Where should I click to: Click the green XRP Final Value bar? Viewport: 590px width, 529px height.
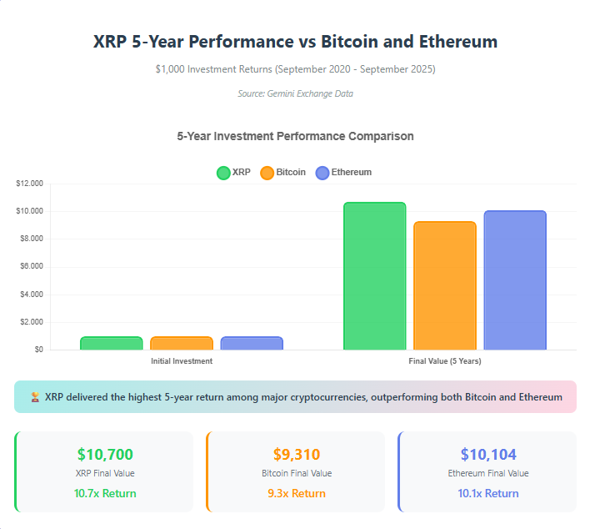(374, 275)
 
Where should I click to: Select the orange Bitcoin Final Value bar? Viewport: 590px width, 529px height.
(444, 285)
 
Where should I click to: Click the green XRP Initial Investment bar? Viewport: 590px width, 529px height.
(111, 343)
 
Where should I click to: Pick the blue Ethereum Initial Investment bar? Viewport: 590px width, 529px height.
(252, 343)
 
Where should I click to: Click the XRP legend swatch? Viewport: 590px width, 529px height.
(223, 173)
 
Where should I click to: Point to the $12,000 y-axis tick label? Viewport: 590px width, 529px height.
(29, 184)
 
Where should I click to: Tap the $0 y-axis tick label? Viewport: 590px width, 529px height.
(38, 350)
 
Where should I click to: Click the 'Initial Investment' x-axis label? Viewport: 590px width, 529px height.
(182, 361)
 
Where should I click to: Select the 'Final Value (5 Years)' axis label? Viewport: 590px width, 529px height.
(444, 361)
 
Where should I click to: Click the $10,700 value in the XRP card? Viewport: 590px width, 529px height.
(105, 455)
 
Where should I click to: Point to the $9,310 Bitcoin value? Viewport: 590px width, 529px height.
(297, 455)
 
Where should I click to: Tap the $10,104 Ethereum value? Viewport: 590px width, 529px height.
(488, 455)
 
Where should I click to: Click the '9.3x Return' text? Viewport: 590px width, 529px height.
(297, 493)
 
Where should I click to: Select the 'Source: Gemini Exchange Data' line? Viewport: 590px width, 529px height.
(295, 93)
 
